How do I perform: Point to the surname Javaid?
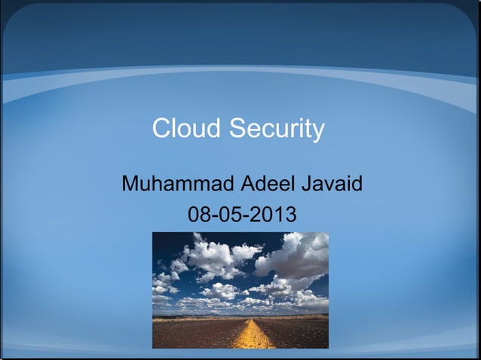coord(332,184)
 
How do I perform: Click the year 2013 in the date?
coord(273,216)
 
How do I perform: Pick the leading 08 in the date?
coord(198,216)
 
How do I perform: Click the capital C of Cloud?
coord(161,129)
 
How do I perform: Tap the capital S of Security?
coord(237,129)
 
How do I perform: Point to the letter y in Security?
coord(318,132)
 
